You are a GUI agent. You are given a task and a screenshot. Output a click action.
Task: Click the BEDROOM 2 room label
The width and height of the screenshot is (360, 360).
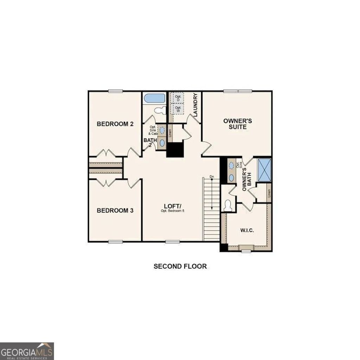[x=115, y=124]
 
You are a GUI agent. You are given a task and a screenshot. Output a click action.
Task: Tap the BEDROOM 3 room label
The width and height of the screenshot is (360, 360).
[x=115, y=211]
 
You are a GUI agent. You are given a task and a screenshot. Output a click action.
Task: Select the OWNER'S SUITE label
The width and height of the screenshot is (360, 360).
[x=238, y=124]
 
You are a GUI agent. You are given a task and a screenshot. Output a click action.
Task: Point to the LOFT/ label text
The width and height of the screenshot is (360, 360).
[x=173, y=206]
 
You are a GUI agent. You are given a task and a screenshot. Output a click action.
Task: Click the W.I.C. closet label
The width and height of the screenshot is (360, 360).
[x=247, y=230]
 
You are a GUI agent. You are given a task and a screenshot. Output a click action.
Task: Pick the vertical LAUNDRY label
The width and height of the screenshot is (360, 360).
[x=195, y=105]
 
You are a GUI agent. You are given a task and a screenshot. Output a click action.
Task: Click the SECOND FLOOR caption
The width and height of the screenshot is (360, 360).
[x=180, y=266]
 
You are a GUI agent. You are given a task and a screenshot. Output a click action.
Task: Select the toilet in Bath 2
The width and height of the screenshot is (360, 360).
[x=160, y=111]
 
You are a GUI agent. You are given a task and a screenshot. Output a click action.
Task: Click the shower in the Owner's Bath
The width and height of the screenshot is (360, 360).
[x=264, y=170]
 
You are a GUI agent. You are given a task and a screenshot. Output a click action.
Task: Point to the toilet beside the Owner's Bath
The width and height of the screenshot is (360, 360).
[x=228, y=205]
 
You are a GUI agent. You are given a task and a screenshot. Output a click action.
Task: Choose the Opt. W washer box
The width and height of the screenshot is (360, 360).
[x=178, y=109]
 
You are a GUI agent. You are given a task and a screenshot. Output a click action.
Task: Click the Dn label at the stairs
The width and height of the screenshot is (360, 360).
[x=212, y=176]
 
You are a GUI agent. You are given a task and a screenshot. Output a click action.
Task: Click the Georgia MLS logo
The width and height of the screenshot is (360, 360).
[x=27, y=351]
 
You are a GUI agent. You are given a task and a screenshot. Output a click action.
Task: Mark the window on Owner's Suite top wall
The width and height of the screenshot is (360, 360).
[x=238, y=91]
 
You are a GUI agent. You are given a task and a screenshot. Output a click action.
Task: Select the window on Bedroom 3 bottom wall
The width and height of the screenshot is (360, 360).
[x=115, y=242]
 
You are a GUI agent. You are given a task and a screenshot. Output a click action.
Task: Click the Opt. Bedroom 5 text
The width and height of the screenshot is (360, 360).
[x=173, y=211]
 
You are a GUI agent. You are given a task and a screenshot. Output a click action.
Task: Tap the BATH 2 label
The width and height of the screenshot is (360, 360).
[x=148, y=142]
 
